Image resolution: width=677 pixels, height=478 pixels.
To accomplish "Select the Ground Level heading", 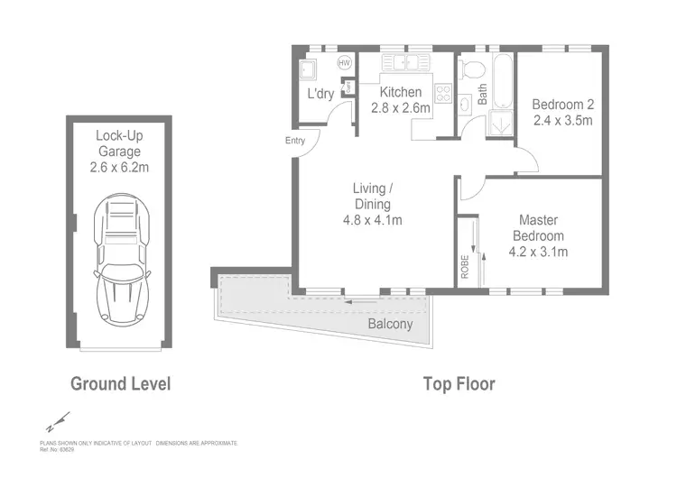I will point(120,383).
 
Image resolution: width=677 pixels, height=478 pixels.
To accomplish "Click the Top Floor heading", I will point(459,383).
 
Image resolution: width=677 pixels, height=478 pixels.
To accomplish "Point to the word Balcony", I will point(390,324).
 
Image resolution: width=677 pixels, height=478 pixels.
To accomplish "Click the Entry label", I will point(295,141).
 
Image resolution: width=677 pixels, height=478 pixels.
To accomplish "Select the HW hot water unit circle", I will point(344,63).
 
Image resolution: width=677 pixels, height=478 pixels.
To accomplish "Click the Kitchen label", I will point(400,92).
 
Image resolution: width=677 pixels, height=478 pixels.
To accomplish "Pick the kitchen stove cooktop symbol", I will point(444,94).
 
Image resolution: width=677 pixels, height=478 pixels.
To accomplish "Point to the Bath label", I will point(482,95).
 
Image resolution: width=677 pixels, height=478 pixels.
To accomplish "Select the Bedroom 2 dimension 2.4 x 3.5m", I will point(562,119).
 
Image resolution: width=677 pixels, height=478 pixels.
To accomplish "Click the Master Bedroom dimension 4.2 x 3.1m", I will point(538,252).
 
